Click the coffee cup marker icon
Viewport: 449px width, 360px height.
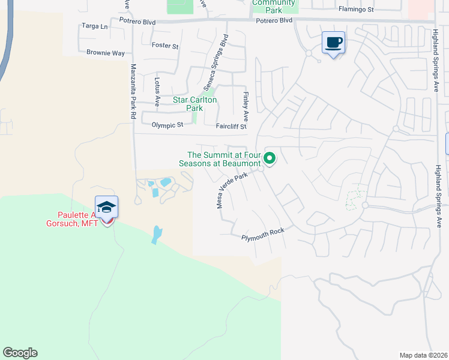[x=334, y=43]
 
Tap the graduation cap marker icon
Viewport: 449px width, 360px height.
[x=106, y=208]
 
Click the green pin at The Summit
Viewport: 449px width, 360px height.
[x=270, y=158]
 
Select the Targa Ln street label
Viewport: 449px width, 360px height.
[x=95, y=27]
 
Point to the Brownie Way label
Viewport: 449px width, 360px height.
[x=105, y=53]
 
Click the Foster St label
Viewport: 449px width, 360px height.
[x=165, y=46]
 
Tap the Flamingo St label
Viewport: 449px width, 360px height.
[x=356, y=10]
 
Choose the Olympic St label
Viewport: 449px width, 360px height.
[x=167, y=125]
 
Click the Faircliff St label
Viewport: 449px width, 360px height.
[x=231, y=127]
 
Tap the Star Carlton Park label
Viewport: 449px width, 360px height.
[x=194, y=104]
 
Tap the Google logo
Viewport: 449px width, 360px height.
[x=20, y=353]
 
